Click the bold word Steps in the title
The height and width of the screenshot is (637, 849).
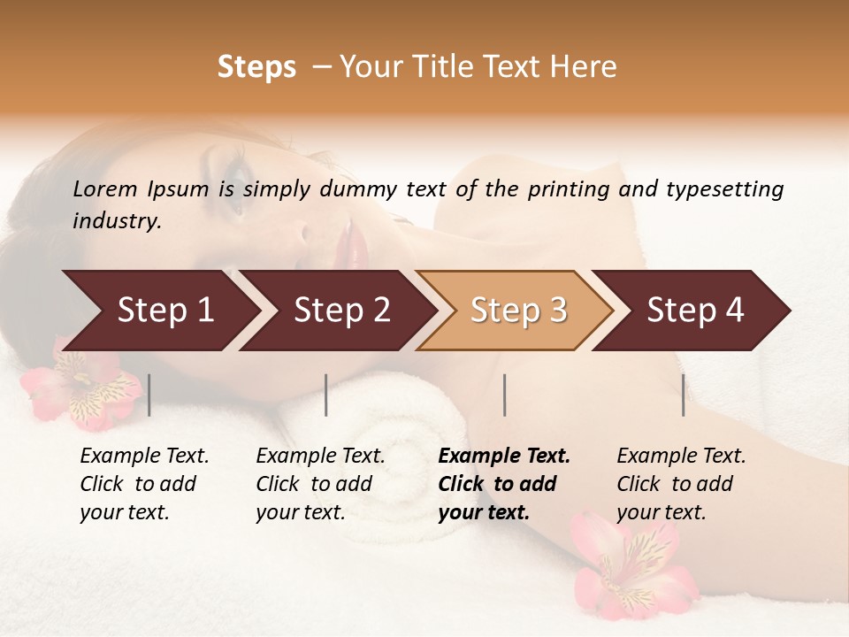[x=256, y=67]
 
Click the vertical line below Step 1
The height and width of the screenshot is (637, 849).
[x=149, y=395]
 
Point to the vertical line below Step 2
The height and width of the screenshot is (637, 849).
[x=326, y=395]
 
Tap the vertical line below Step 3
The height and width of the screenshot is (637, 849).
[x=505, y=395]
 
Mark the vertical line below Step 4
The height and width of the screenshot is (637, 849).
[x=684, y=395]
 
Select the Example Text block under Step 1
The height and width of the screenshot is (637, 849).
[x=144, y=484]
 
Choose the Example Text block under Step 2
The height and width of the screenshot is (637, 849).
[x=320, y=484]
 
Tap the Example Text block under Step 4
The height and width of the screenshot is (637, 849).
[x=681, y=484]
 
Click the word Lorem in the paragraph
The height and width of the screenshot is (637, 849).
[x=105, y=189]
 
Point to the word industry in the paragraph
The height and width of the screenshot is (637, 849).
[x=115, y=221]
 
